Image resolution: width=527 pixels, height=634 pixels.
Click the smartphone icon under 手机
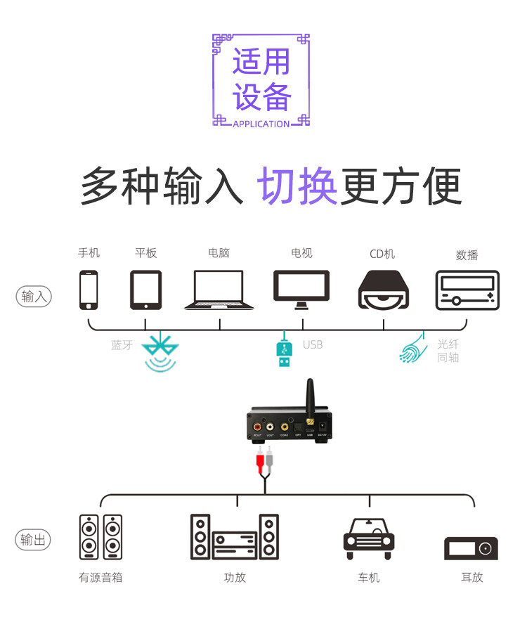click(89, 290)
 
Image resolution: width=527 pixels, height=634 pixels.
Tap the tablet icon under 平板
click(145, 290)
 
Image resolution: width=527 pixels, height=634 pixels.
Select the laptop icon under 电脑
click(219, 290)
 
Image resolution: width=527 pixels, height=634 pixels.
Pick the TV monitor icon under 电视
click(301, 289)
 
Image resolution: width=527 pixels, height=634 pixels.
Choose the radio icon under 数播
click(467, 290)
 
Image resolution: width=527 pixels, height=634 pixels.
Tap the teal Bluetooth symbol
click(160, 351)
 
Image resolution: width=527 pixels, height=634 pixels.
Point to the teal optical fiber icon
click(412, 348)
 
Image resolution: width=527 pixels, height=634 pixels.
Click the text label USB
click(313, 344)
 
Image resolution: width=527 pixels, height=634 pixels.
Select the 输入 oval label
click(33, 296)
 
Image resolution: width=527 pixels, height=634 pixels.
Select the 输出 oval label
click(33, 540)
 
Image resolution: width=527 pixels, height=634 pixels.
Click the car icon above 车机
click(369, 538)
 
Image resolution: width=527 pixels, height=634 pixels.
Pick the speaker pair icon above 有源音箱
click(100, 537)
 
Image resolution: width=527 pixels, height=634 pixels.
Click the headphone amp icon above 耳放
click(471, 548)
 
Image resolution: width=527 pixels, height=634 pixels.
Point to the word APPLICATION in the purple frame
click(261, 124)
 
